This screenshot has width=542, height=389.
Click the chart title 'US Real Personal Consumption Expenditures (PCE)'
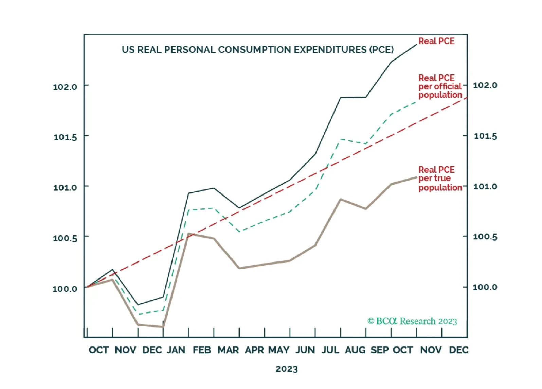tap(257, 50)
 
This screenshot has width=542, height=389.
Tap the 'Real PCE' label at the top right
tap(436, 41)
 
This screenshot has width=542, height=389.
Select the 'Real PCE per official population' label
tap(440, 86)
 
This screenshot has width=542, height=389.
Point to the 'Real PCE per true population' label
tap(440, 179)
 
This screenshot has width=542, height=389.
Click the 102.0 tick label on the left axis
tap(65, 87)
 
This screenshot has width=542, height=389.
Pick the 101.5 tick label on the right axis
tap(485, 136)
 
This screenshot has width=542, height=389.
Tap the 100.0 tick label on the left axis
tap(65, 289)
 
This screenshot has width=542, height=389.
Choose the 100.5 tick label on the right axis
tap(485, 237)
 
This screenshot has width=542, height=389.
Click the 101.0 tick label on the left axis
tap(65, 187)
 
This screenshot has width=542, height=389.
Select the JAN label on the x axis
tap(176, 350)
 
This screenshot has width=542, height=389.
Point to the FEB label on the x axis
tap(202, 350)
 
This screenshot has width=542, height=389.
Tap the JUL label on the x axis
tap(330, 350)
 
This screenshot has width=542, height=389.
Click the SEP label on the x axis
tap(380, 350)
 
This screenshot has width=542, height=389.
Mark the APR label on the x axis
tap(254, 350)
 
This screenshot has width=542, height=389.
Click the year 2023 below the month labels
tap(287, 369)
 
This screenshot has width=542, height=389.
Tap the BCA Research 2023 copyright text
tap(412, 321)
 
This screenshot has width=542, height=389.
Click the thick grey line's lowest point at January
tap(163, 327)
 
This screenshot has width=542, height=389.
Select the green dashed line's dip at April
tap(239, 232)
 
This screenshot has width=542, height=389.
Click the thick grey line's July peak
tap(341, 199)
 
